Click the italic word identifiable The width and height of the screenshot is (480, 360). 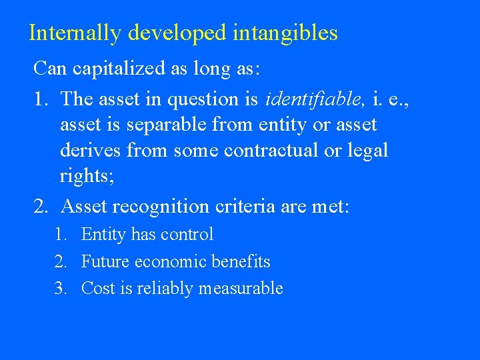tap(315, 99)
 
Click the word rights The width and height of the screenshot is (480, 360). tap(84, 176)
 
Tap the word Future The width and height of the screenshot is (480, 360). tap(105, 261)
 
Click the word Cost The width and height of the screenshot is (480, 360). tap(95, 289)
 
